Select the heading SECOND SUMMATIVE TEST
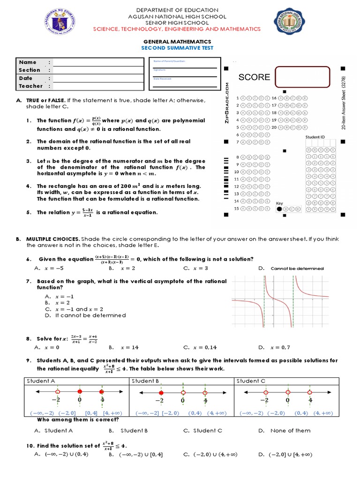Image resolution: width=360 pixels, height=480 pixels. click(177, 48)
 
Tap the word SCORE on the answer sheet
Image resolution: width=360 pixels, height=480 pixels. click(254, 77)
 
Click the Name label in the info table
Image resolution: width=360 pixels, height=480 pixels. click(28, 62)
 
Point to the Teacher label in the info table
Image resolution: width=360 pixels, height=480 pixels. click(31, 86)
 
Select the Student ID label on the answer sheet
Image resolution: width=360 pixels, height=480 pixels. click(316, 137)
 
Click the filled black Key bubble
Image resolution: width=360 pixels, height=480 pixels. click(280, 209)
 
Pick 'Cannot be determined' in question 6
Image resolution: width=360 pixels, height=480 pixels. click(297, 268)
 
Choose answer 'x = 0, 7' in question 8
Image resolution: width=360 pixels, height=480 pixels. click(280, 347)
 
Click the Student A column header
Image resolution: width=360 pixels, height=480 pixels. click(41, 381)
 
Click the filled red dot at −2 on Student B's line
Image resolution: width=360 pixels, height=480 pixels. click(161, 392)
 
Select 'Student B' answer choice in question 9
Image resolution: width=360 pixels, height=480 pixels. click(134, 430)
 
